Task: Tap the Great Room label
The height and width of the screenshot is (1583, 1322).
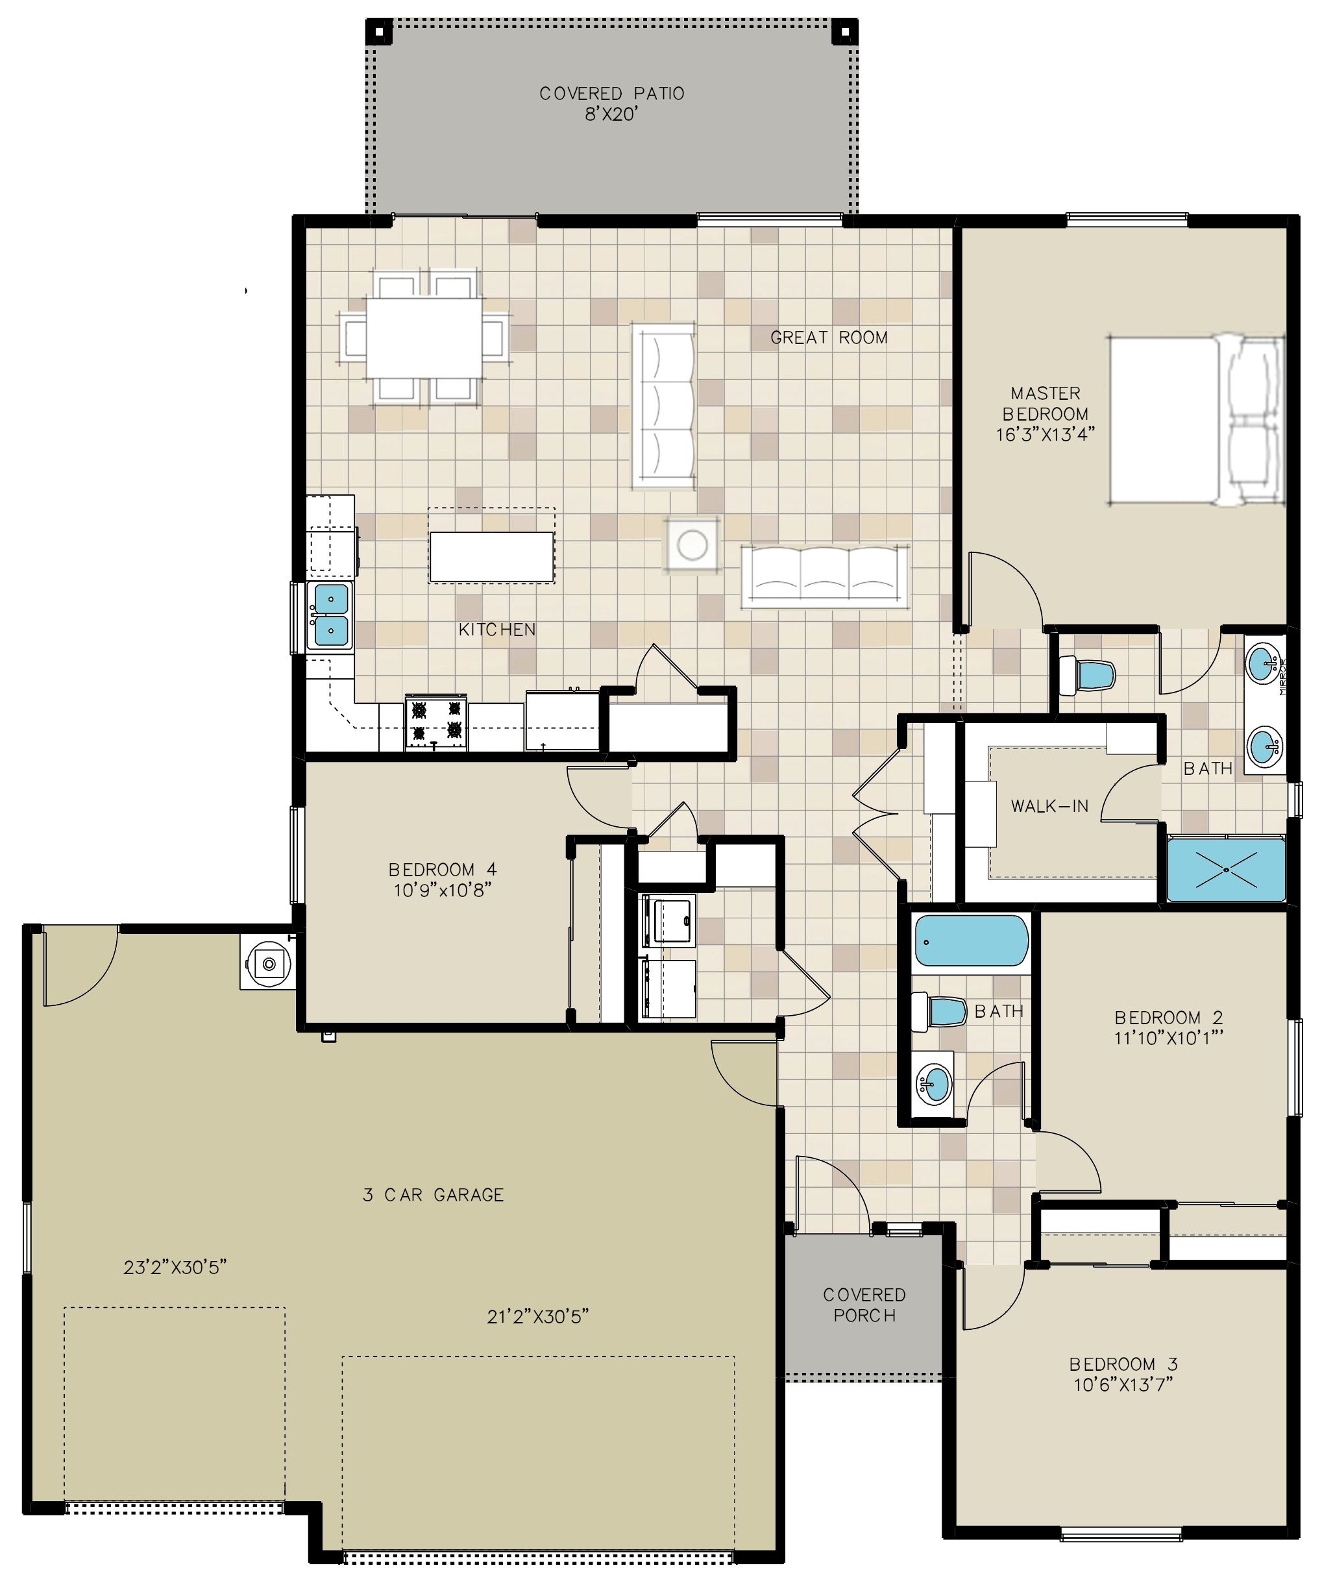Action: [829, 337]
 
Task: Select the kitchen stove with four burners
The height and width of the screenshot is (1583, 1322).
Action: [435, 724]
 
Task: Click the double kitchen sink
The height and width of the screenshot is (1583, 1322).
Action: [330, 616]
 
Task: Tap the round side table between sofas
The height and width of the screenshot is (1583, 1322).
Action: [691, 545]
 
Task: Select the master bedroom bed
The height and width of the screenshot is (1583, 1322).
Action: [1195, 421]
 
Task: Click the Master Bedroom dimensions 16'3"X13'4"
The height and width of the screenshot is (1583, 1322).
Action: [1046, 434]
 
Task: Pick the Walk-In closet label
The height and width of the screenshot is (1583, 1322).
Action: [1049, 806]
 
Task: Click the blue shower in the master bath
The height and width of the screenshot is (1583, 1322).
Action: [1225, 870]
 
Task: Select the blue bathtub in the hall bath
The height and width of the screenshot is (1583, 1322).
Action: [971, 940]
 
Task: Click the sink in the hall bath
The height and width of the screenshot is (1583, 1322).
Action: [933, 1084]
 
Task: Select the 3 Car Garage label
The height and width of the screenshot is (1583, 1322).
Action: [434, 1195]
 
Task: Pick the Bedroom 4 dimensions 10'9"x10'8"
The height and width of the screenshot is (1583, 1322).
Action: [443, 890]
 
